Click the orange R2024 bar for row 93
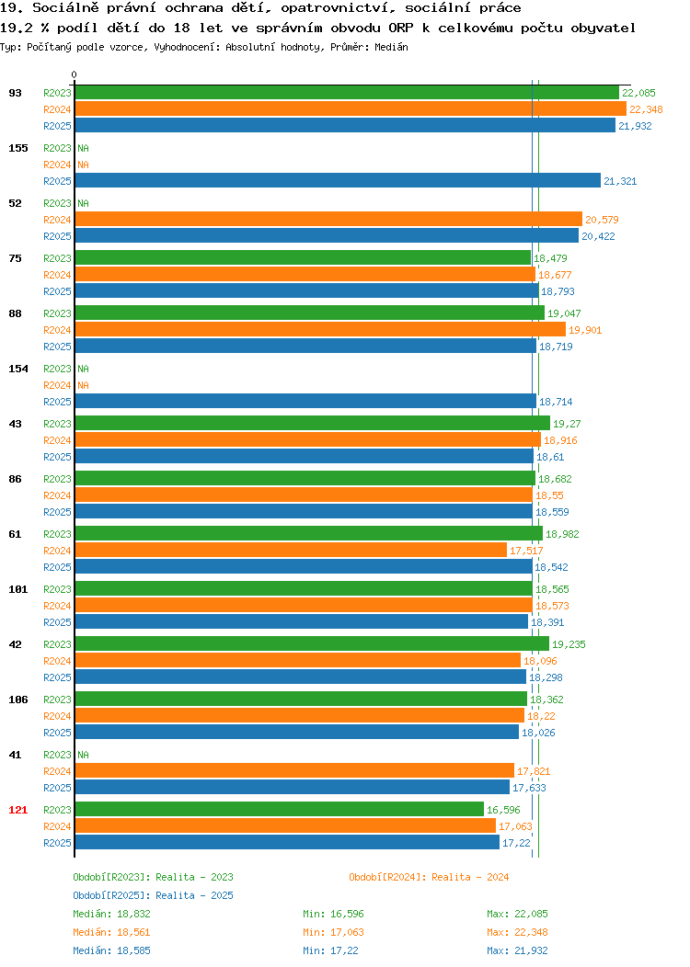coord(351,109)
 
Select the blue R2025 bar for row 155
coord(338,181)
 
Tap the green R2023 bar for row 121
coord(280,810)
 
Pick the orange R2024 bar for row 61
coord(291,551)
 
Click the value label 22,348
coord(646,109)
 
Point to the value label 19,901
coord(585,330)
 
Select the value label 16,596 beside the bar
coord(503,810)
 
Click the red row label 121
coord(17,810)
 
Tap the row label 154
coord(17,369)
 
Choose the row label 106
coord(17,700)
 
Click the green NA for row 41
coord(84,755)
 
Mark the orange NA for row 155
coord(84,165)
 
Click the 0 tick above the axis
coord(75,74)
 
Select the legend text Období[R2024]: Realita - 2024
coord(429,877)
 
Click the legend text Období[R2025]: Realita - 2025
coord(153,895)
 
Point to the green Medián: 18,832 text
coord(111,914)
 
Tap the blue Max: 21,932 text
coord(517,950)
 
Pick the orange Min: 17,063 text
coord(333,932)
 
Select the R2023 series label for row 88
coord(57,313)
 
